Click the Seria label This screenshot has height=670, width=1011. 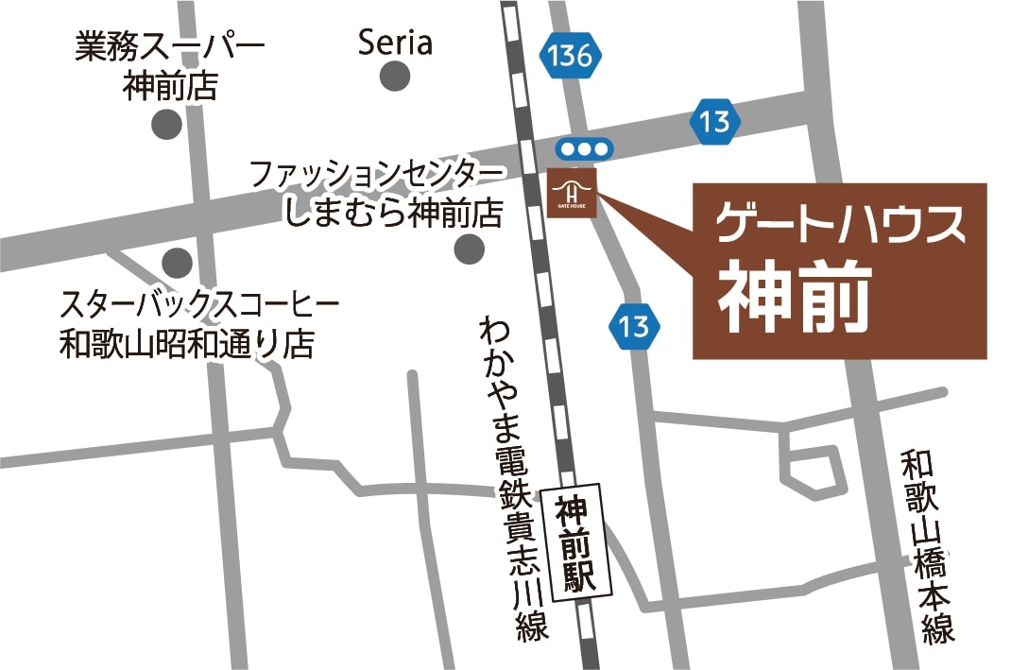pos(395,43)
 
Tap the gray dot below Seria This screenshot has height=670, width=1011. pos(395,77)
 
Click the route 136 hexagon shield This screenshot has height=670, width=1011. pos(572,56)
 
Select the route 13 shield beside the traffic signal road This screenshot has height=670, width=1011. pos(715,121)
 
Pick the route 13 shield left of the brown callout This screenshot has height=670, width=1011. pos(633,326)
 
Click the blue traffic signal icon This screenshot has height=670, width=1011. pos(584,148)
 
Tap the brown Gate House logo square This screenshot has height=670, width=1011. pos(573,193)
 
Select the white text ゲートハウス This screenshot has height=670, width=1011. pos(840,226)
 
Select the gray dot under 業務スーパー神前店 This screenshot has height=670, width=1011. pos(167,123)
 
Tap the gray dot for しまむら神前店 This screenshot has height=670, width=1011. pos(469,249)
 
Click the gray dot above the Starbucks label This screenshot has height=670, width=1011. pos(177,262)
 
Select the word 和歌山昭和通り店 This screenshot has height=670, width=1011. pos(186,343)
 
